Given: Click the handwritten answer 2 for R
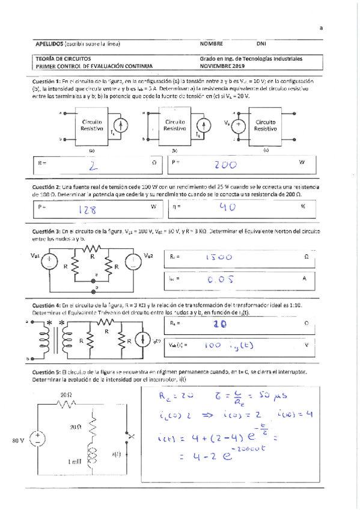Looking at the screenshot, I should (x=94, y=163).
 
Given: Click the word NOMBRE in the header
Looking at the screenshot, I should (x=212, y=43).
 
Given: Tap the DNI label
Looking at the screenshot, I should (x=261, y=43).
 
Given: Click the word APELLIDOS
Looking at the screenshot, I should (x=48, y=43).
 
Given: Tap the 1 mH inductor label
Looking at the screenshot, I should (x=76, y=462).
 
